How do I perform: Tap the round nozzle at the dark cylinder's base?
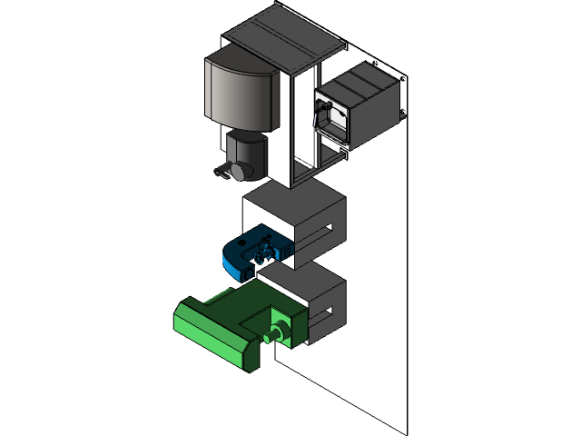pos(238,170)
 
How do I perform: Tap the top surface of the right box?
pos(363,81)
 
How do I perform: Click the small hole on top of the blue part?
pos(244,243)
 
